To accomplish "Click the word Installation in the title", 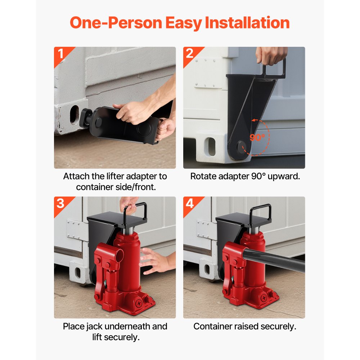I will click(x=247, y=23).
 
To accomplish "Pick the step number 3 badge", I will click(x=60, y=203).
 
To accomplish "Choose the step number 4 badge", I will click(x=190, y=203).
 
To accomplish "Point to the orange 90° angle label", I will click(x=257, y=137).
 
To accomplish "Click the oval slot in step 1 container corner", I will click(x=74, y=114).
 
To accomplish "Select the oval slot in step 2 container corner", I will click(x=211, y=147).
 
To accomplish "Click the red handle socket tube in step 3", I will click(x=116, y=256).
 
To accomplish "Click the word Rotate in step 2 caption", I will click(x=202, y=176).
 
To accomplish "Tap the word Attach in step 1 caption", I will click(x=75, y=176).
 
